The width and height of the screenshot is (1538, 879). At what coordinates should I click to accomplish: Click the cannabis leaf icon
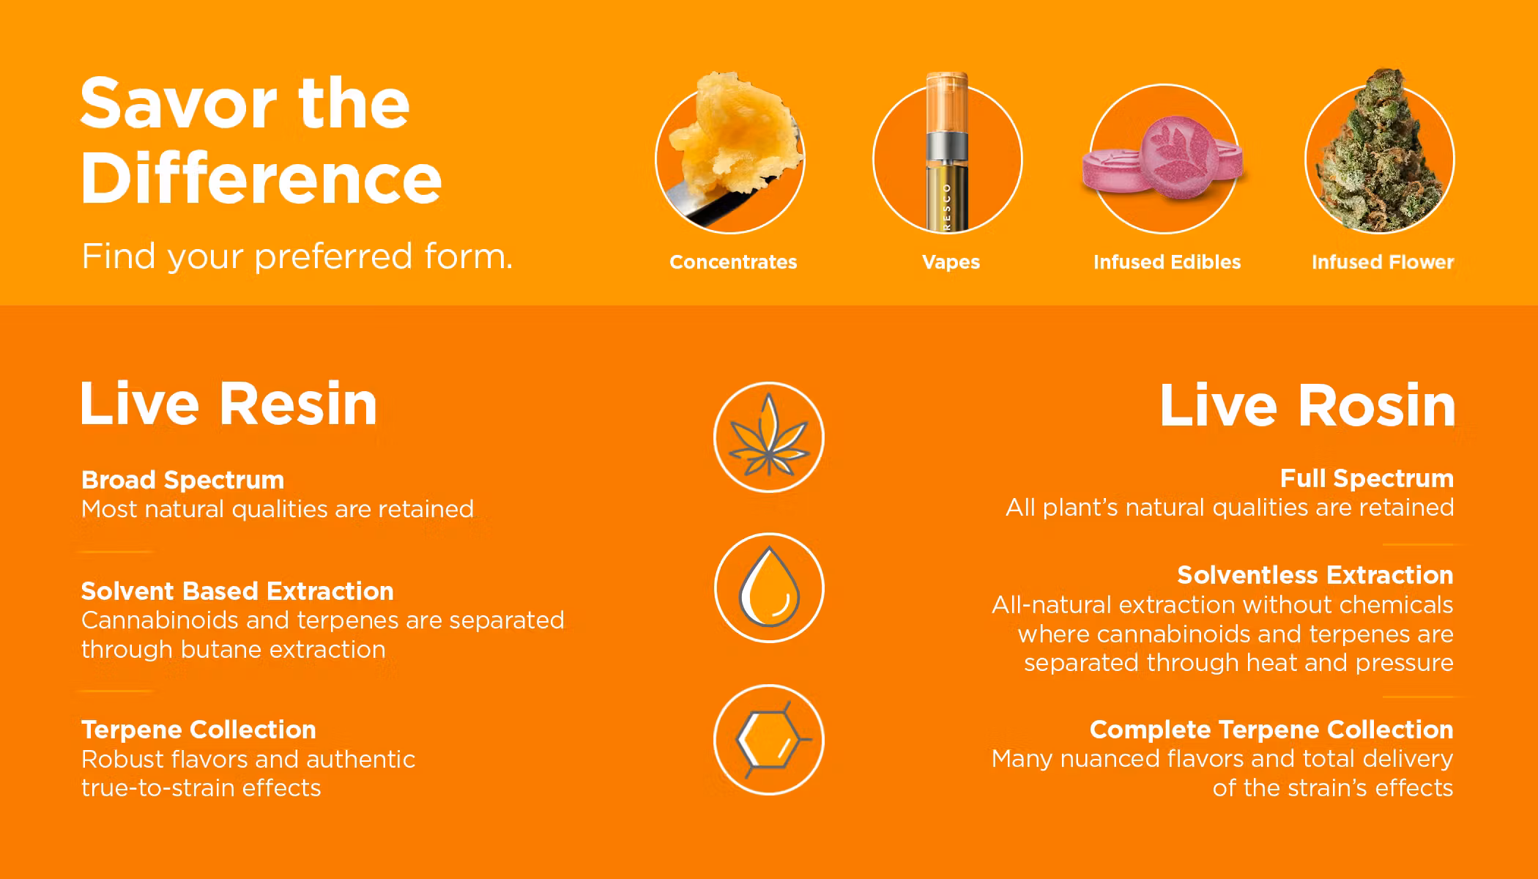point(769,437)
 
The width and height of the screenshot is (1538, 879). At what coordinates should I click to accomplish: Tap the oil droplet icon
point(769,587)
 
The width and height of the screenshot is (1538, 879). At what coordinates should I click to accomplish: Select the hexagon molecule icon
point(769,740)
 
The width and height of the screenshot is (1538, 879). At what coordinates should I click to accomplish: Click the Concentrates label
point(733,262)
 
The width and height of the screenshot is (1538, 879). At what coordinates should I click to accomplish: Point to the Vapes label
point(951,262)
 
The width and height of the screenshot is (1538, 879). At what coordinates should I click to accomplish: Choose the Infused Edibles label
point(1167,262)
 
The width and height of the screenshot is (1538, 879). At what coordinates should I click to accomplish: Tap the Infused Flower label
point(1383,262)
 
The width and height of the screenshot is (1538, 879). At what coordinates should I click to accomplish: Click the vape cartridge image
point(948,152)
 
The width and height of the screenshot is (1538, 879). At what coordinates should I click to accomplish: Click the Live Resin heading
point(229,404)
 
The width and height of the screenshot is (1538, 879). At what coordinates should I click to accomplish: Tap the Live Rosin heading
point(1307,405)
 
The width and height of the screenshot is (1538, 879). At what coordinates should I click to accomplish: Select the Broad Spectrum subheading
point(182,480)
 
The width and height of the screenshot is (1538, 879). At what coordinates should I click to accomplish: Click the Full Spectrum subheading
point(1367,478)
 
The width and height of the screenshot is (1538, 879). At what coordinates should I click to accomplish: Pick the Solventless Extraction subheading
point(1315,575)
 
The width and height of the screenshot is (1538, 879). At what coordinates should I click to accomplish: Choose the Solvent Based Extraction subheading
point(237,591)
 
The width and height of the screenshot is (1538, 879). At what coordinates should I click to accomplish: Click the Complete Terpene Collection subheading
point(1271,730)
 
